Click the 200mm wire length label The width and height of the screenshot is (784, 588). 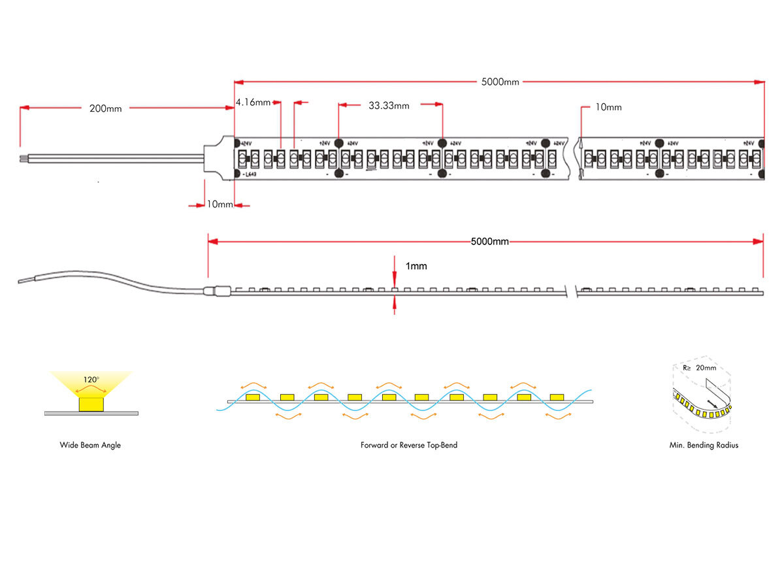(x=105, y=108)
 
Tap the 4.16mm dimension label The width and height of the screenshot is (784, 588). (x=253, y=103)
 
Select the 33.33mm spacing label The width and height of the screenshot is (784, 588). (x=389, y=105)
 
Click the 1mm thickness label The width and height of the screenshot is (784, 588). (x=416, y=267)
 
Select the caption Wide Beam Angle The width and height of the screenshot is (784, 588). (x=90, y=446)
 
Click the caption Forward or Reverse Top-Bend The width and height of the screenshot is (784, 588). (x=409, y=446)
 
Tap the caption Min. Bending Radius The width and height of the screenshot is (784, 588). (x=704, y=446)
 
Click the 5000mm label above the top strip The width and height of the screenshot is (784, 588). (x=500, y=82)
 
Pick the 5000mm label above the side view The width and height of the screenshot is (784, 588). (x=489, y=242)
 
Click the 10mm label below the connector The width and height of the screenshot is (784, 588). (x=220, y=204)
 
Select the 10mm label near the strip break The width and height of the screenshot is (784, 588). (x=608, y=107)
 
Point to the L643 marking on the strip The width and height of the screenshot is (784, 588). (x=250, y=175)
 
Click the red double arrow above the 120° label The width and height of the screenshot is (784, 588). (x=91, y=387)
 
